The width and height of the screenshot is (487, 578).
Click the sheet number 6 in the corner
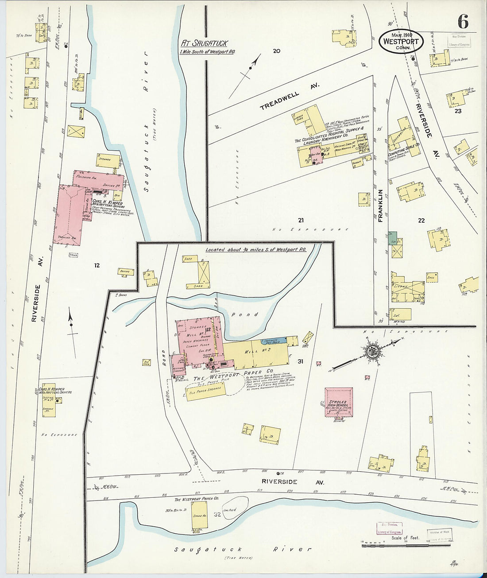(463, 21)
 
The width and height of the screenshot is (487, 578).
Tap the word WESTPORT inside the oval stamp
(401, 41)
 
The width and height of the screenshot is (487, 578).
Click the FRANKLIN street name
(380, 205)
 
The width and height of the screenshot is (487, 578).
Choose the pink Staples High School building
(339, 402)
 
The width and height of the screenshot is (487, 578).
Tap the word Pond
(250, 314)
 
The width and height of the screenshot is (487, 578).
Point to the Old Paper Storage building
(205, 391)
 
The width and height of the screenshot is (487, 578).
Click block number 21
(301, 220)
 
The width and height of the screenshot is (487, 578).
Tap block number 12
(97, 265)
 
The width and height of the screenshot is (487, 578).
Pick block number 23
(458, 111)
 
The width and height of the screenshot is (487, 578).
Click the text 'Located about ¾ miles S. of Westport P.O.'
(256, 250)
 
